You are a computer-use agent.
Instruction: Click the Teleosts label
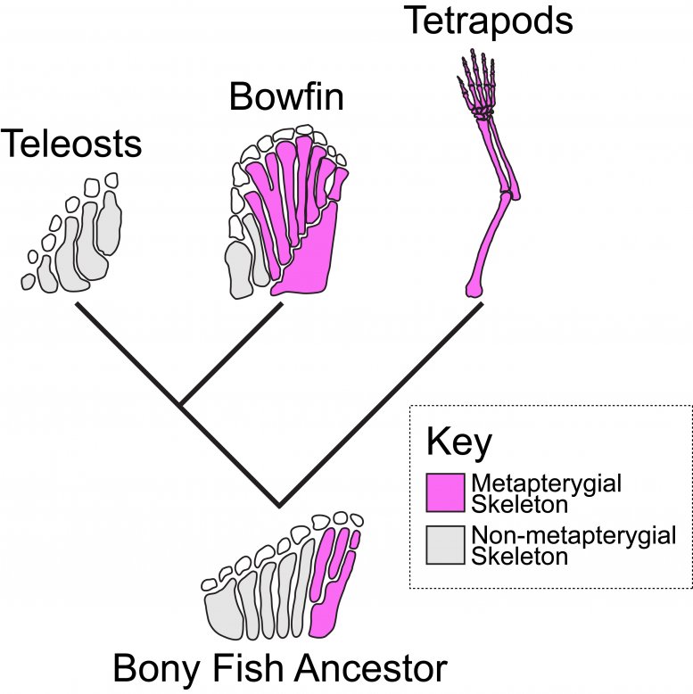[71, 144]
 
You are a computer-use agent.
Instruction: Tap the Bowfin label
[285, 96]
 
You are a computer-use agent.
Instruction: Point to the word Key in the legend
[458, 442]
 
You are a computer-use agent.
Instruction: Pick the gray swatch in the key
[445, 545]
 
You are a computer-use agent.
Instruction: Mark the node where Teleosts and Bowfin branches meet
[181, 405]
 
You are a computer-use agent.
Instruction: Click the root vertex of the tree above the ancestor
[279, 505]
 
